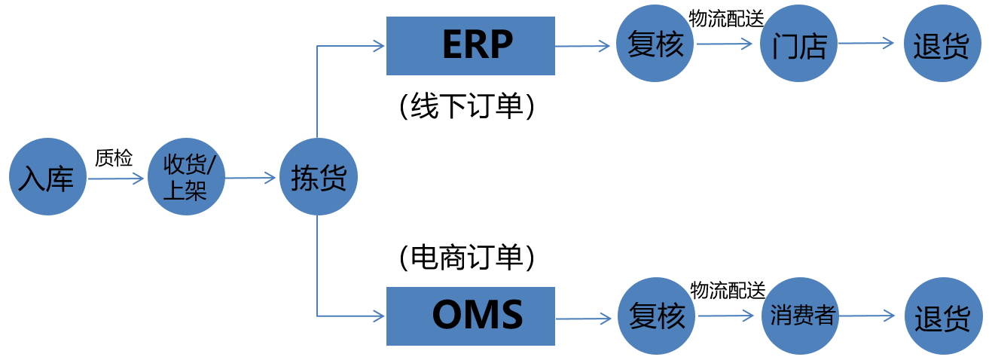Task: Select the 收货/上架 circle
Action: [185, 177]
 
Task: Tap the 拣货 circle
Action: [317, 177]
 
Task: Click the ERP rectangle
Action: [470, 46]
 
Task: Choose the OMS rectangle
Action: [470, 316]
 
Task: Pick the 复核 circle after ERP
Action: [655, 44]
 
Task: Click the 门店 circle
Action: [798, 44]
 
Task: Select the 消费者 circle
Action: [801, 316]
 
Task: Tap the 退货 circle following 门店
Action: [942, 44]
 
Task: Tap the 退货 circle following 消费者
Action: [943, 316]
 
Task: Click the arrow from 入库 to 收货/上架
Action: [115, 178]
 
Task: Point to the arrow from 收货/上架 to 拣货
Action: [251, 178]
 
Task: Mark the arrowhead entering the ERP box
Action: [380, 46]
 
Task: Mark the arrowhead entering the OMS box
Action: [380, 316]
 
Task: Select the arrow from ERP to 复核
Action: [583, 46]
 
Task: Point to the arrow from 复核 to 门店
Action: [725, 44]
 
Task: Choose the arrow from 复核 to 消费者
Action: [727, 316]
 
